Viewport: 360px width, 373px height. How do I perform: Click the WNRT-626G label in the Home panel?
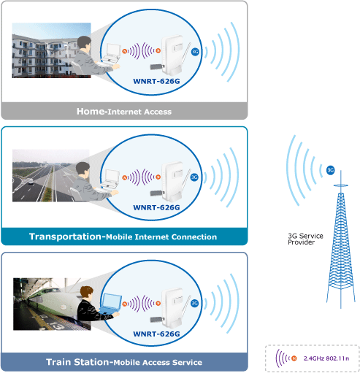pos(156,81)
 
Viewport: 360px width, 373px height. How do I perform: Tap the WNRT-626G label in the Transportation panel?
pos(156,207)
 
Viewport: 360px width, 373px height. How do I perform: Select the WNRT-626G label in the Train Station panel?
pos(156,334)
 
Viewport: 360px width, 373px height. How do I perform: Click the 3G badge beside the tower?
pos(330,170)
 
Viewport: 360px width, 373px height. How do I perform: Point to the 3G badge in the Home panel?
pos(195,52)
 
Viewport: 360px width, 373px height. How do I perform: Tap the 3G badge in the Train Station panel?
pos(194,303)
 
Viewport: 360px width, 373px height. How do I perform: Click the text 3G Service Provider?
pos(305,239)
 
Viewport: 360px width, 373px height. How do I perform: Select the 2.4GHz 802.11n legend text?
pos(326,358)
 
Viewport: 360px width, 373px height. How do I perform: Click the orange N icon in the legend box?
pos(294,358)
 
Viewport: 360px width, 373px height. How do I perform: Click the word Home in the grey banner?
pos(91,111)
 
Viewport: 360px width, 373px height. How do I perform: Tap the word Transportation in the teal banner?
pos(65,237)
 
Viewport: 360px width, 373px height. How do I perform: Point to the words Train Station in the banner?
pos(78,362)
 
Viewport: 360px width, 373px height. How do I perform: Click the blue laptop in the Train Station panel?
pos(111,304)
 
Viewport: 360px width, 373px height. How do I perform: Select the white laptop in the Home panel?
pos(112,53)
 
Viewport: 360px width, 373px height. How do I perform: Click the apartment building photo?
pos(51,50)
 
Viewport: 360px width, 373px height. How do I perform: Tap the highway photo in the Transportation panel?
pos(50,176)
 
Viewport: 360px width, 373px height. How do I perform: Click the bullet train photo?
pos(52,304)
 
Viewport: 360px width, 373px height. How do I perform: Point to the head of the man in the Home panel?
pos(85,43)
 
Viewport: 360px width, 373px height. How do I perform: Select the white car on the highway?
pos(31,182)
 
